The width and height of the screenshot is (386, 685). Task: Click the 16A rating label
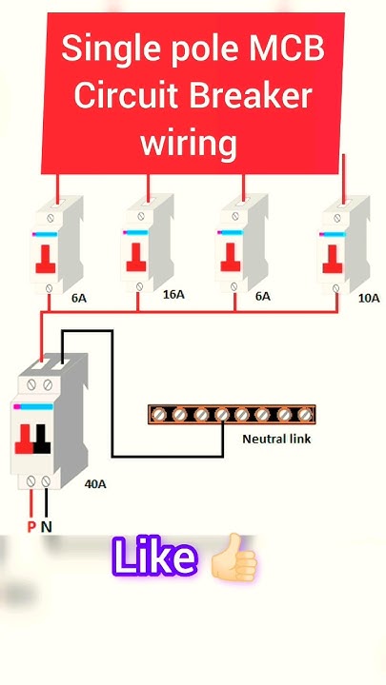173,295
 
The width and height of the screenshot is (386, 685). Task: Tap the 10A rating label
369,298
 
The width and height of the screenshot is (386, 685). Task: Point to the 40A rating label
95,483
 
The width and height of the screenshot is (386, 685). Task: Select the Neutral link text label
276,439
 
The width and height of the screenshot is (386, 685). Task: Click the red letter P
31,526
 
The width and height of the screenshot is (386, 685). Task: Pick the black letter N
47,526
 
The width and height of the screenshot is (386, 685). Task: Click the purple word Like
154,558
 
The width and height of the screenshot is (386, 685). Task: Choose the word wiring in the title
189,144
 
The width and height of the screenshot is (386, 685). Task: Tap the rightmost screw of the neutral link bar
305,414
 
